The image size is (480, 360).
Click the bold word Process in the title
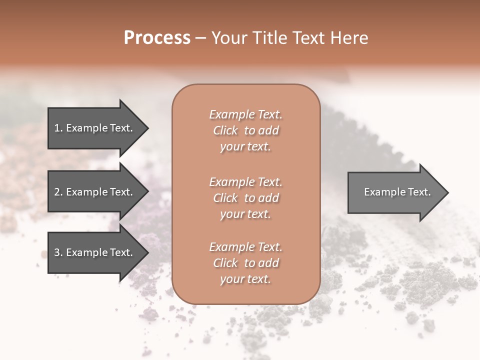click(x=157, y=38)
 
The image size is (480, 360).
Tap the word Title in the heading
click(x=269, y=38)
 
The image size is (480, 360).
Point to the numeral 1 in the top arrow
click(x=57, y=128)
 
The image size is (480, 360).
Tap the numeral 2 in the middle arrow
click(x=57, y=192)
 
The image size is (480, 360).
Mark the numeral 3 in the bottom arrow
click(x=57, y=252)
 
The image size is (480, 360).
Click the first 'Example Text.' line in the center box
click(x=245, y=114)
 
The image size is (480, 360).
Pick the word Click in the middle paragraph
click(x=225, y=198)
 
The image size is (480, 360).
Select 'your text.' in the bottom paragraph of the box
click(x=245, y=279)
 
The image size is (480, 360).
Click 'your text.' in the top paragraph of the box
click(x=245, y=146)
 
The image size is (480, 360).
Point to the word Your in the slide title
click(x=229, y=38)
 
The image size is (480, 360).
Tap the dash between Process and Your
click(x=200, y=38)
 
